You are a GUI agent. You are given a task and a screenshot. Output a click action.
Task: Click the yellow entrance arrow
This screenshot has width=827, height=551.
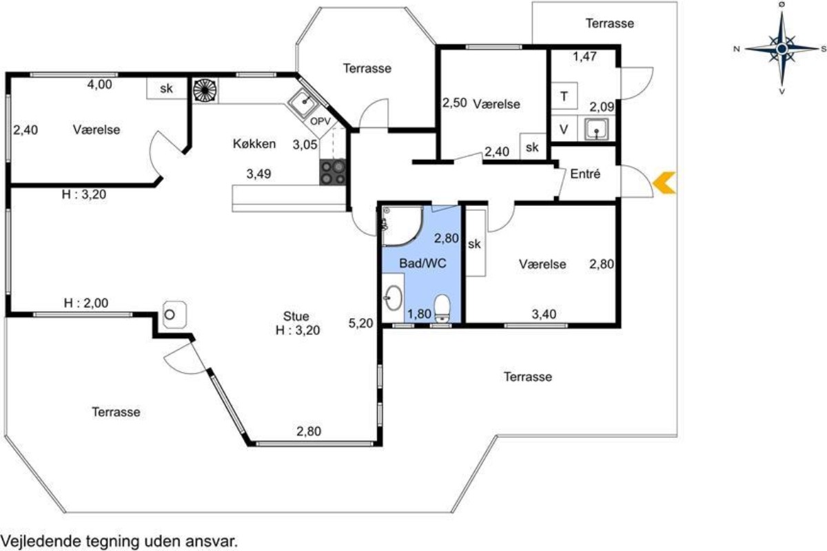(x=663, y=183)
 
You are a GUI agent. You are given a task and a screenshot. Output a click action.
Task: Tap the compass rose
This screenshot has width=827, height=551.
(x=782, y=48)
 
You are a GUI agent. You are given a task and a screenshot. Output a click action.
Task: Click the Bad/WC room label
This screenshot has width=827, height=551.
(x=422, y=263)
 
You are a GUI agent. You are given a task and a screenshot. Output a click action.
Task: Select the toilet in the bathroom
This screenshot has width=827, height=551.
(x=442, y=309)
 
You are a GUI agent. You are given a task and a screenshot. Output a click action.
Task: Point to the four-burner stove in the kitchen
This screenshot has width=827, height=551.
(x=333, y=172)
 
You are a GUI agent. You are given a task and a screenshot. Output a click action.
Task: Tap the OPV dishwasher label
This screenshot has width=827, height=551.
(x=320, y=121)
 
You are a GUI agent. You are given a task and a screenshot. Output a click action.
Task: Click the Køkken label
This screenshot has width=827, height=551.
(x=254, y=143)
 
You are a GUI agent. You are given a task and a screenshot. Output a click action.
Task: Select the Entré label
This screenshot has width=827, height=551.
(x=585, y=174)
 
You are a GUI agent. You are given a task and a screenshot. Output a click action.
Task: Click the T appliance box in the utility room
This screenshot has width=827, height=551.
(x=564, y=96)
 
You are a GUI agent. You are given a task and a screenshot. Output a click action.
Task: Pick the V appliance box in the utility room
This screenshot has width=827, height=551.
(x=564, y=129)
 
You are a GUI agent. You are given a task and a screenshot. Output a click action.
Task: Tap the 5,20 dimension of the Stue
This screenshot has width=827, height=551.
(x=360, y=323)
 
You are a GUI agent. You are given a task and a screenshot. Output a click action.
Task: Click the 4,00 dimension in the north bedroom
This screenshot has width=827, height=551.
(x=100, y=85)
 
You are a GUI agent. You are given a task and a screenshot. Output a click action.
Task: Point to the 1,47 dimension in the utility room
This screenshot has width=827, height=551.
(x=584, y=56)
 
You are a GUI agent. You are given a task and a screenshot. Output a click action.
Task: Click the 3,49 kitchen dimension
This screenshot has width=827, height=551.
(x=259, y=174)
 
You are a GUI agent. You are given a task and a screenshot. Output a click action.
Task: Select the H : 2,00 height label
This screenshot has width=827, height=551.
(x=86, y=303)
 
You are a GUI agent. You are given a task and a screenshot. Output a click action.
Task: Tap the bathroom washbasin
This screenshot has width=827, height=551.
(x=394, y=298)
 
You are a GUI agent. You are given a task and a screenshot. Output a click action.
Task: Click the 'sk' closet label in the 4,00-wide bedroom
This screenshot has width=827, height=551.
(x=167, y=88)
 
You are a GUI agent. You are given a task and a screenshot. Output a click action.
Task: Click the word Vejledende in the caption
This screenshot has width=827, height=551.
(x=41, y=542)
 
